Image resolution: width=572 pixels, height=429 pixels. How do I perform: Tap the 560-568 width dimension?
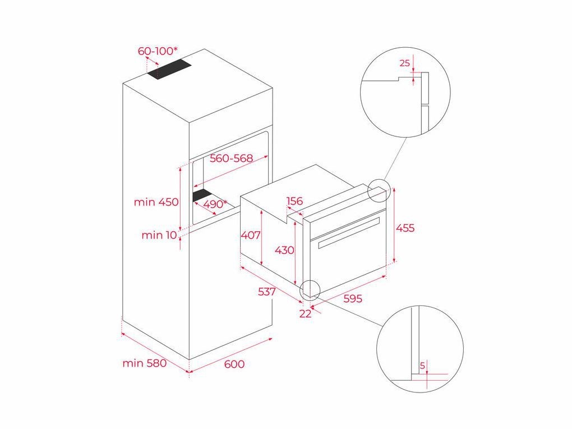click(230, 158)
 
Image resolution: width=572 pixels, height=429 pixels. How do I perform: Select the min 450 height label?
click(156, 202)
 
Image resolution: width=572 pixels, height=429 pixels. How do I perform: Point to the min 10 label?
click(159, 235)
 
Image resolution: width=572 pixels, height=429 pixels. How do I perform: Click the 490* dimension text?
click(215, 204)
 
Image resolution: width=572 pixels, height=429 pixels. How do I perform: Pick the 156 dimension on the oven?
click(294, 202)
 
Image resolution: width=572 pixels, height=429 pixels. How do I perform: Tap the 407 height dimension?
click(251, 235)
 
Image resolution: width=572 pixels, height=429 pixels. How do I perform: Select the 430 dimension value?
click(284, 250)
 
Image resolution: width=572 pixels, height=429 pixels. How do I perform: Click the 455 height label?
click(405, 228)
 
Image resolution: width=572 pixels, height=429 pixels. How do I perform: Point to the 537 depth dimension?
click(267, 292)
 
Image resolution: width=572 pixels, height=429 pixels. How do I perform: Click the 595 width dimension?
click(352, 299)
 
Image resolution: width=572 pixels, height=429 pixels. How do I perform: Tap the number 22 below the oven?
click(305, 314)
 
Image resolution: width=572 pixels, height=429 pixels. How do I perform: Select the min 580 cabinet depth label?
click(145, 363)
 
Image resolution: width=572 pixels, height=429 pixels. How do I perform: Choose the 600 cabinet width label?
click(234, 364)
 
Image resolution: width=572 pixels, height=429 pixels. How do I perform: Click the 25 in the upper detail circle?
click(404, 63)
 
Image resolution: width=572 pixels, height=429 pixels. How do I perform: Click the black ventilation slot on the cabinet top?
click(169, 70)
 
